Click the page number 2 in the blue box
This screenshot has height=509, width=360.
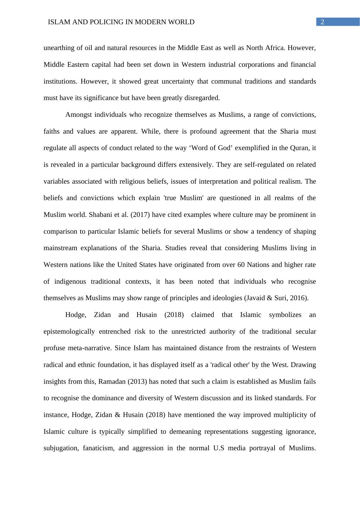tap(322, 22)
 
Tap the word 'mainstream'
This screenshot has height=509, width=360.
tap(60, 248)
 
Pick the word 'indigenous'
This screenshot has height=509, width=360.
tap(70, 282)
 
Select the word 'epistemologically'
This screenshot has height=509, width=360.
tap(69, 332)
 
